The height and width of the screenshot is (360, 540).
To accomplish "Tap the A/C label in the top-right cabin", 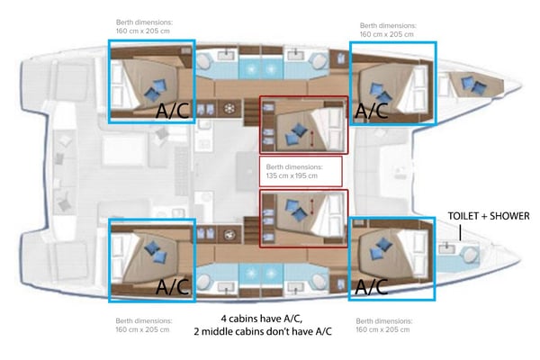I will pyautogui.click(x=372, y=111).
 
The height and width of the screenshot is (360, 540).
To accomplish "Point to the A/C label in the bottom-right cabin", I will pyautogui.click(x=372, y=287).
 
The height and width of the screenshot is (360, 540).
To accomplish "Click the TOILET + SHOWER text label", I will pyautogui.click(x=490, y=216).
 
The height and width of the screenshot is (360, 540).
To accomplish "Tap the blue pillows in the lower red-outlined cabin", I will pyautogui.click(x=293, y=210).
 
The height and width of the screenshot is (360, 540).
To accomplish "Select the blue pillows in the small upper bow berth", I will pyautogui.click(x=471, y=85).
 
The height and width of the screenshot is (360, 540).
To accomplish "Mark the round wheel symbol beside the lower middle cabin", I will pyautogui.click(x=230, y=236).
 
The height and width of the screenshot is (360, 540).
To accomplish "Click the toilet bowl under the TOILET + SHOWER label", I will pyautogui.click(x=446, y=247).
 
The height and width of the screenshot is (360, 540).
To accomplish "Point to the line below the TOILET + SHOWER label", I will pyautogui.click(x=460, y=231).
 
